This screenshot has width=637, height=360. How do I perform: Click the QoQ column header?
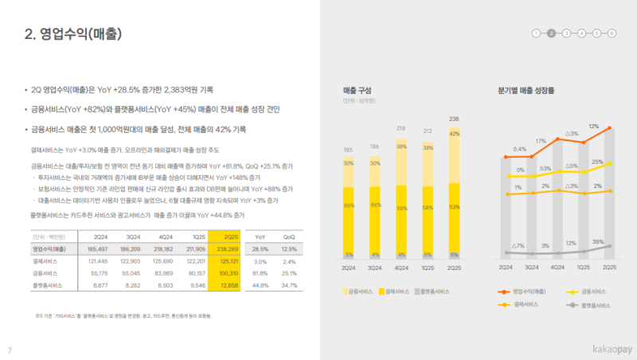click(x=289, y=237)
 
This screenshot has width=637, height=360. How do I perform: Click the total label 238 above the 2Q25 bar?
click(x=454, y=119)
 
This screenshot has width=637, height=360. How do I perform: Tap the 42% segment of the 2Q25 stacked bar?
click(x=454, y=134)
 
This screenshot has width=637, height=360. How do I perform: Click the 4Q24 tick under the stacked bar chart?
click(x=401, y=268)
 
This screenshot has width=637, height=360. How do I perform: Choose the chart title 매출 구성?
click(x=357, y=91)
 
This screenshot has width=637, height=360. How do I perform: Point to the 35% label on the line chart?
click(x=598, y=241)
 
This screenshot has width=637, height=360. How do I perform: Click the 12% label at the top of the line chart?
click(x=593, y=126)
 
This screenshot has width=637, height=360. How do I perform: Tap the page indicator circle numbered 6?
click(x=612, y=33)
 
